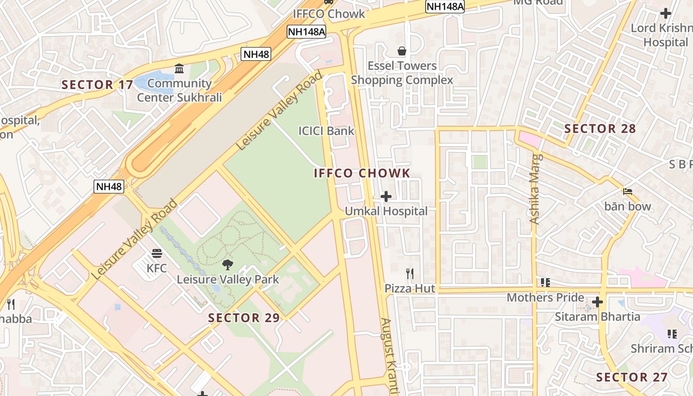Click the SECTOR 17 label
click(x=98, y=85)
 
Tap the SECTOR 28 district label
click(x=600, y=129)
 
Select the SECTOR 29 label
click(x=244, y=318)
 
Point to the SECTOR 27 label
click(x=632, y=377)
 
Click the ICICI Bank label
click(x=326, y=131)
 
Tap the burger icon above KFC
click(x=157, y=254)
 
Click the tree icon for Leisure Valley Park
click(x=228, y=265)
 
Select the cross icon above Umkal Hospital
click(x=386, y=197)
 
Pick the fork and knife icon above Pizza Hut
click(x=410, y=274)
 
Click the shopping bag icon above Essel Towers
click(x=402, y=51)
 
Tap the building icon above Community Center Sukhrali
click(x=179, y=68)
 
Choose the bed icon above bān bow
click(x=628, y=192)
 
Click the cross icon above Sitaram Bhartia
click(x=597, y=302)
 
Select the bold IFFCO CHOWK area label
click(x=362, y=173)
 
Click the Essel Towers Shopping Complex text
click(x=402, y=73)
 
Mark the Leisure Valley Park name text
click(x=228, y=279)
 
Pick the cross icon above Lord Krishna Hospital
click(x=666, y=13)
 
